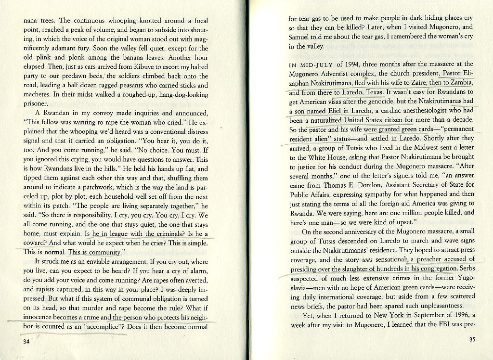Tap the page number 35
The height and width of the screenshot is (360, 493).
(472, 339)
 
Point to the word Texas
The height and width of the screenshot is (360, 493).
(374, 92)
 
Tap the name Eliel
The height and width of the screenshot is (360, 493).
(331, 111)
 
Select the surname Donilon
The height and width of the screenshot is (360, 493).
(366, 185)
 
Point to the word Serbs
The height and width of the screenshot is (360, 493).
(467, 269)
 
